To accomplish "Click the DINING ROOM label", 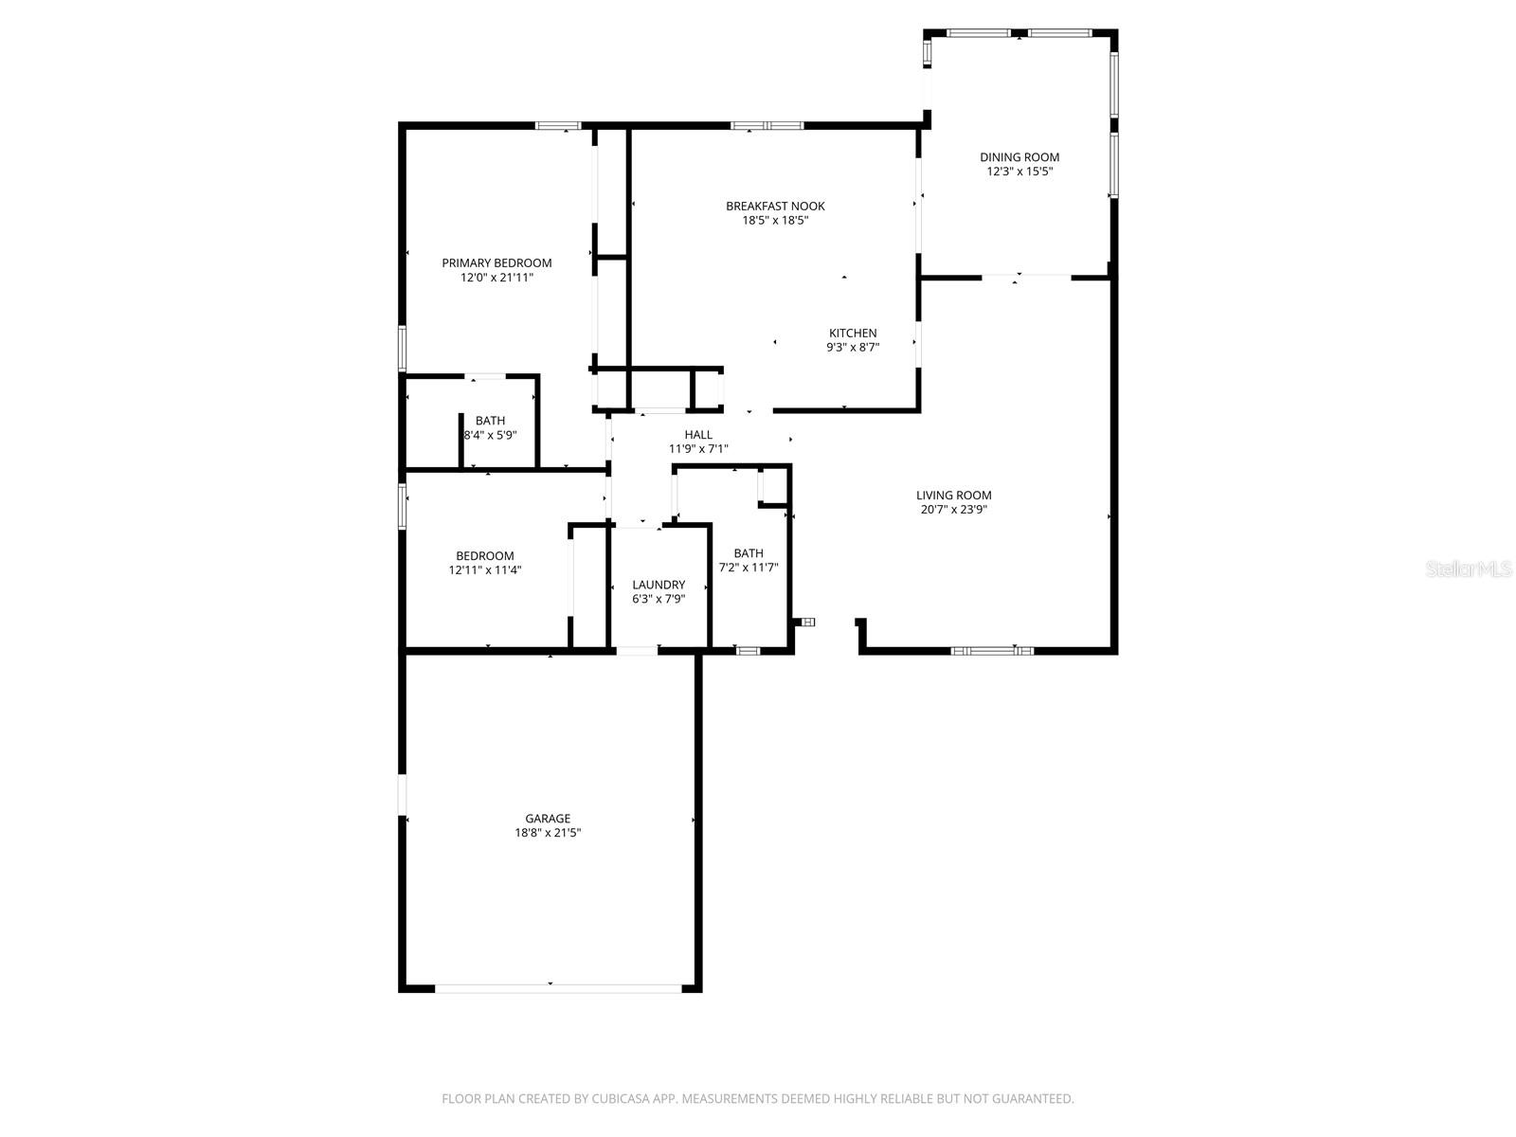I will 1020,157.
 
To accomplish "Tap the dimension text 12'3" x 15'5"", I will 1020,172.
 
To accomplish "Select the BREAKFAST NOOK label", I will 775,206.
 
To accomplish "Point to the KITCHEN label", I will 853,333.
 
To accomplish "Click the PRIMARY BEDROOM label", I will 496,262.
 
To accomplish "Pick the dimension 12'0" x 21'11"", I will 496,278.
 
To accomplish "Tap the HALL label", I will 698,435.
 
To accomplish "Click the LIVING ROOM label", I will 953,495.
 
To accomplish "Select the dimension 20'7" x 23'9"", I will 953,510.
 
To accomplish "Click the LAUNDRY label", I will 659,585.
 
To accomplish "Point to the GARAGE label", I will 548,819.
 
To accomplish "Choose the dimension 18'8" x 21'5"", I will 548,834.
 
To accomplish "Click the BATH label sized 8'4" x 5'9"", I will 490,421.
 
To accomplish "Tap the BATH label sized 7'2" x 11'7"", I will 748,553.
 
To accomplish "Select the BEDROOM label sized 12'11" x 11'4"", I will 485,556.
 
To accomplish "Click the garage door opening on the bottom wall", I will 557,988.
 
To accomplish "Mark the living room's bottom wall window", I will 992,651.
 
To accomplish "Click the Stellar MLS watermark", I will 1469,568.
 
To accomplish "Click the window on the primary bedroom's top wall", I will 558,125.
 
